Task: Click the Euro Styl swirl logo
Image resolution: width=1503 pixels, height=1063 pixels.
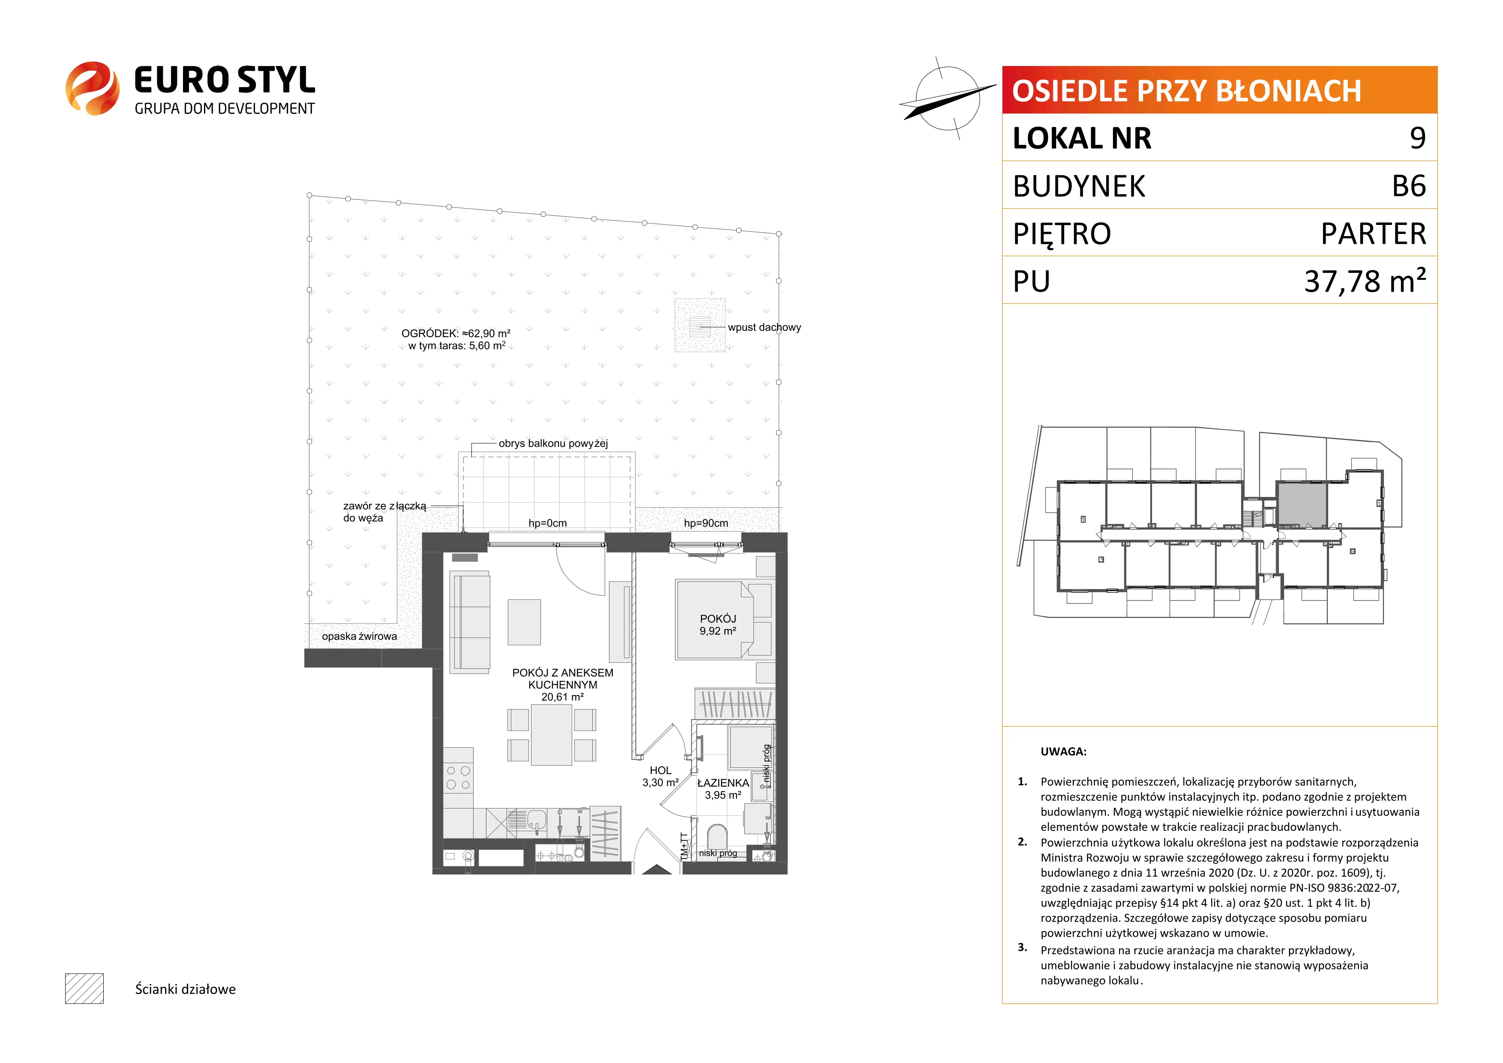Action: click(92, 88)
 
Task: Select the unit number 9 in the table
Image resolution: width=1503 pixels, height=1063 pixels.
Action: click(1417, 138)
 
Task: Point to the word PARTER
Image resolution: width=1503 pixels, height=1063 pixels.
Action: click(1374, 234)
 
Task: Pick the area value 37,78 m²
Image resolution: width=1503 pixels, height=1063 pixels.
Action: click(1365, 281)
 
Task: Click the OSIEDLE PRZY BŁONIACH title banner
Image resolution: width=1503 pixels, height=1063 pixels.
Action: click(1220, 90)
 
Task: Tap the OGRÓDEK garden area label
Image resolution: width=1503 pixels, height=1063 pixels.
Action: click(456, 339)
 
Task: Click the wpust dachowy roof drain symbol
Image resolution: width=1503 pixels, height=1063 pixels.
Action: click(700, 325)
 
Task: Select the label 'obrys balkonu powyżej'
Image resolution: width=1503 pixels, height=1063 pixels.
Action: click(553, 443)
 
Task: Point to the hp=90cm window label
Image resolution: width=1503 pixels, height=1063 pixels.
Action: click(706, 523)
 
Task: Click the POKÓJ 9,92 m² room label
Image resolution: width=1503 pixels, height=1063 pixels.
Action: click(718, 624)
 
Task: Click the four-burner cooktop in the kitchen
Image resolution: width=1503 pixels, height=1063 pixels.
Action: click(458, 778)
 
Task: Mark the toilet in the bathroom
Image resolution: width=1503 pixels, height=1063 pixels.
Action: click(717, 838)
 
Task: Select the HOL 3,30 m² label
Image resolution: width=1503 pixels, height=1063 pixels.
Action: click(660, 776)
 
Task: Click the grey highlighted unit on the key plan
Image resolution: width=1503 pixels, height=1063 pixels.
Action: click(1302, 504)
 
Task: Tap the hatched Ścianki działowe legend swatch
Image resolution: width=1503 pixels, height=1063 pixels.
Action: click(84, 988)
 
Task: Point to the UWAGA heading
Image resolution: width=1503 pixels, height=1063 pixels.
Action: click(1063, 752)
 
